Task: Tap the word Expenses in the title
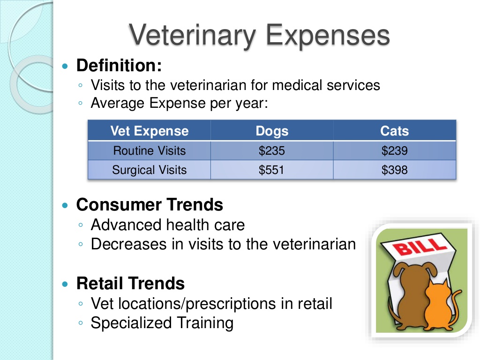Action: [328, 36]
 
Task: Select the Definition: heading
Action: [119, 66]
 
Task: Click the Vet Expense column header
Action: [150, 131]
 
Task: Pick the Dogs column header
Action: [272, 131]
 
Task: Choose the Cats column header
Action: [394, 131]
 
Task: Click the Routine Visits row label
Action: [150, 150]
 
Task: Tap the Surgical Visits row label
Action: [150, 170]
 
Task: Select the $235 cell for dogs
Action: [272, 150]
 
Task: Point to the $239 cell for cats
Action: [394, 150]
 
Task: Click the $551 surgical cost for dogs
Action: [271, 170]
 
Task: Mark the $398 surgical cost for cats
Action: [394, 170]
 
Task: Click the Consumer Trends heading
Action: [150, 204]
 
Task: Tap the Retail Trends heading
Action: [130, 283]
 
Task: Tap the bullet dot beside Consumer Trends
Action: [65, 205]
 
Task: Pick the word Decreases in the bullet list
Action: [128, 244]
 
